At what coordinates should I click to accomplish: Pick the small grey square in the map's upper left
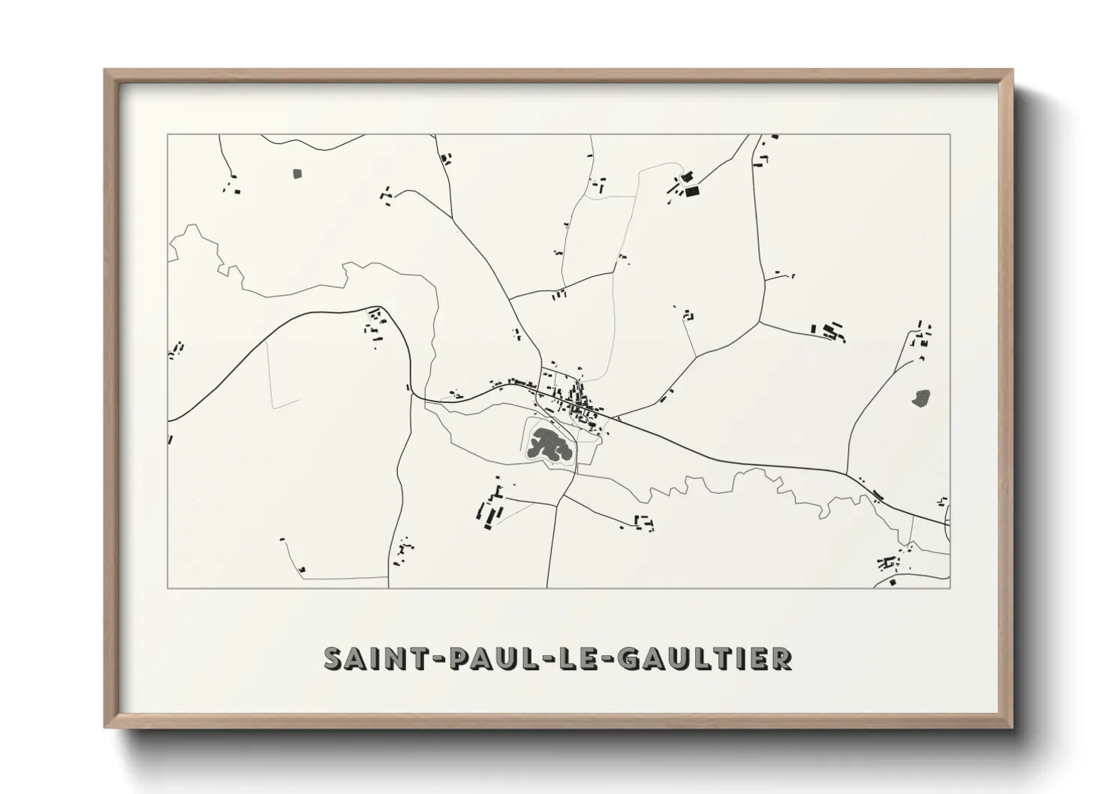tap(296, 173)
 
